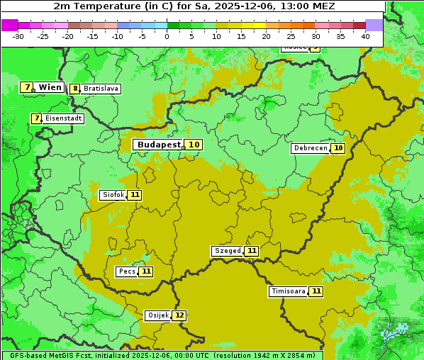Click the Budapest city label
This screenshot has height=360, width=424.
coord(159,145)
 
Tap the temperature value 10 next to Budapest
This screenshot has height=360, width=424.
coord(194,145)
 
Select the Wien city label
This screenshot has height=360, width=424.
coord(50,87)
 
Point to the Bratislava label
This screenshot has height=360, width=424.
coord(100,89)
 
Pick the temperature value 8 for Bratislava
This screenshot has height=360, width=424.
coord(75,89)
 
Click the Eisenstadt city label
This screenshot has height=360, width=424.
coord(64,118)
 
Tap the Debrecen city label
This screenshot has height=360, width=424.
coord(310,148)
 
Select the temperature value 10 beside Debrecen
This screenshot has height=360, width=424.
coord(338,148)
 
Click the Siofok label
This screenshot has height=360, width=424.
coord(113,195)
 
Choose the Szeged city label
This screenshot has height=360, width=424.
coord(227,251)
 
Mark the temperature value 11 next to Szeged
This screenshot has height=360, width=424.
coord(252,251)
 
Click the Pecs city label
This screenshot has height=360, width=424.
coord(127,271)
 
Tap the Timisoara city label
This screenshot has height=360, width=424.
coord(288,291)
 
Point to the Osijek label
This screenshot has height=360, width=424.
coord(157,315)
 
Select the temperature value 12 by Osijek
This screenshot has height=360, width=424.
coord(179,315)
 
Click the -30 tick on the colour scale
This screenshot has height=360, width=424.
coord(18,36)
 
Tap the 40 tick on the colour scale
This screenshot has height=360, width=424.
coord(365,36)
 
